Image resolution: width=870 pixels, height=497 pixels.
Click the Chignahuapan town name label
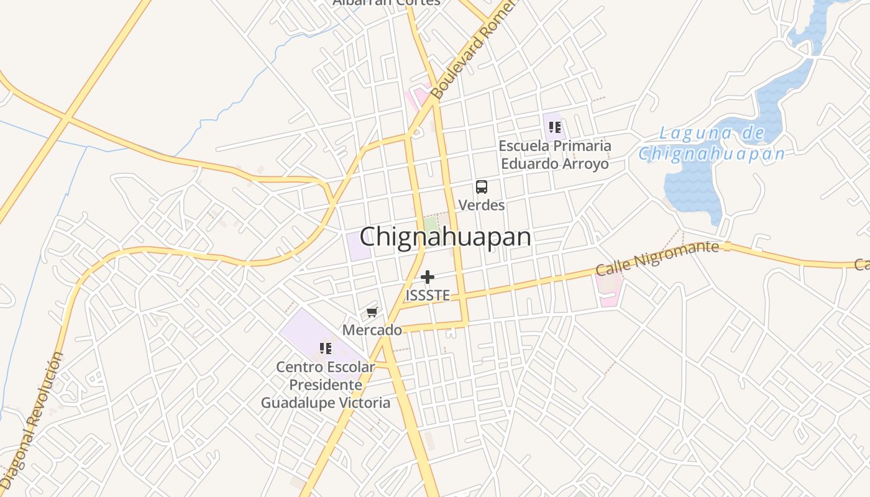445,237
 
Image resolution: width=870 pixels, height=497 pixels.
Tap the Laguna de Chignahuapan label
712,144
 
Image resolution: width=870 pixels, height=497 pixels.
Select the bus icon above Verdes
482,186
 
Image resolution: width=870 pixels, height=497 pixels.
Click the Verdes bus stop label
482,204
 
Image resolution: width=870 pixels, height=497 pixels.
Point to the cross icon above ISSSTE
428,277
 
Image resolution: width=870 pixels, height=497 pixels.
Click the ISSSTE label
428,295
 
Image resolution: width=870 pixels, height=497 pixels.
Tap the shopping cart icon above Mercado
372,312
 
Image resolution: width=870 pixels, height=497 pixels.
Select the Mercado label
372,330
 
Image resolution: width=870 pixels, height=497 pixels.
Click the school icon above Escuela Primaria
554,127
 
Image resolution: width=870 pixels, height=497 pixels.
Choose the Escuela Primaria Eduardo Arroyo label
555,155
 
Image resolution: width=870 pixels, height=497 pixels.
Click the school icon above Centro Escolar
325,349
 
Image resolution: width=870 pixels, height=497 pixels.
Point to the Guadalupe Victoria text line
326,403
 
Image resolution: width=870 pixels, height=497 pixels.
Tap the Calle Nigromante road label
657,258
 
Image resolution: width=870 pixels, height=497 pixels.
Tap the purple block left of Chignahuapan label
359,246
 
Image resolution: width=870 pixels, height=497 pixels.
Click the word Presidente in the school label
326,385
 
